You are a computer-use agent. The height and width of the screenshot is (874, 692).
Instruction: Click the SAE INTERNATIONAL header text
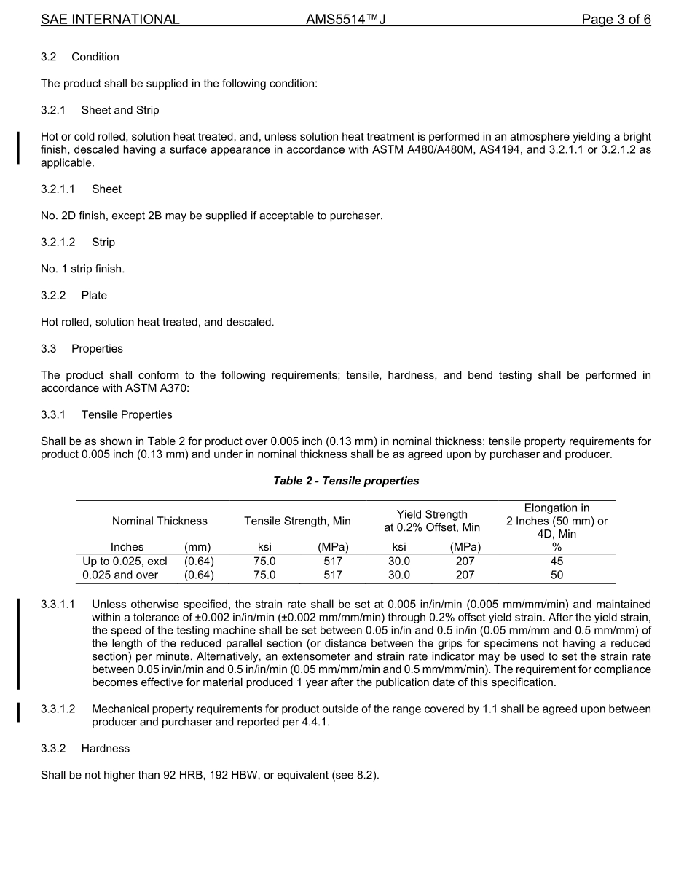(x=110, y=20)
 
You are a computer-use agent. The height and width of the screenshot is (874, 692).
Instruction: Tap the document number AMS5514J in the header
(x=345, y=20)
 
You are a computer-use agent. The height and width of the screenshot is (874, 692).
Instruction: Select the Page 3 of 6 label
(x=616, y=20)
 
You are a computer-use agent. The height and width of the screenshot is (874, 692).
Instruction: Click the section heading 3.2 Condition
(x=80, y=57)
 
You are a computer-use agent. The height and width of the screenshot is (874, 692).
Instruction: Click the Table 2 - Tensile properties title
(x=346, y=481)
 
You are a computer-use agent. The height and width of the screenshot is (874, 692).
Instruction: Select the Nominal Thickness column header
(x=160, y=521)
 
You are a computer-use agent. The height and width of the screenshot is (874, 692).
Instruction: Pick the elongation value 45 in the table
(x=557, y=562)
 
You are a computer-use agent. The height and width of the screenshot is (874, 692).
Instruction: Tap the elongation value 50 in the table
(x=557, y=575)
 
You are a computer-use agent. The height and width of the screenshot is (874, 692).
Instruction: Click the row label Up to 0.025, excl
(x=125, y=562)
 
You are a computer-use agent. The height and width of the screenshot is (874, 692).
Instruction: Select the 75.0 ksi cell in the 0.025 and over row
(x=264, y=575)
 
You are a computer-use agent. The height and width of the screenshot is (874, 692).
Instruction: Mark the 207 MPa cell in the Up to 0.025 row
(x=465, y=562)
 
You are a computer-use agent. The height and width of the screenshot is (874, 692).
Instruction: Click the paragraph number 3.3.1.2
(x=58, y=709)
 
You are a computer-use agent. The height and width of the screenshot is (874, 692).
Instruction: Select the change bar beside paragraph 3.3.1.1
(x=18, y=643)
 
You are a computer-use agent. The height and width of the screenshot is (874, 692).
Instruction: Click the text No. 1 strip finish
(x=82, y=269)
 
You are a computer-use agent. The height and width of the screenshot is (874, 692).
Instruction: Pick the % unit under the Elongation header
(x=557, y=547)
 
